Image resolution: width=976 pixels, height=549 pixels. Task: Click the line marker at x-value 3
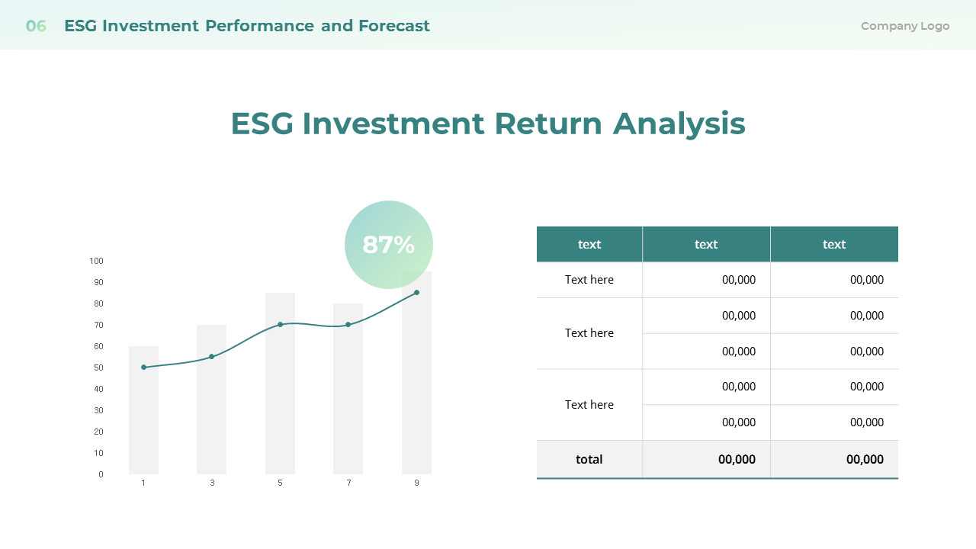point(211,357)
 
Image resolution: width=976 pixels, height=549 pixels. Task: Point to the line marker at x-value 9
point(416,293)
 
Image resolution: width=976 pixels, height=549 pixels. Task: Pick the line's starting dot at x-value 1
point(143,368)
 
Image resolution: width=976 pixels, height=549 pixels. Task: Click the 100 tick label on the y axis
point(96,261)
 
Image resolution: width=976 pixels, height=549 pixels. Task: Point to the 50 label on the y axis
point(98,368)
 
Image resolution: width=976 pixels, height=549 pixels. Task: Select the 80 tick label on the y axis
point(98,303)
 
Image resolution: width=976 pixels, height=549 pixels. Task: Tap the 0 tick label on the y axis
point(101,474)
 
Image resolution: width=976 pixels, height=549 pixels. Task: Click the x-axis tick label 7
point(348,483)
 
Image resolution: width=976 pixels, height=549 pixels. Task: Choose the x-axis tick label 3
point(212,483)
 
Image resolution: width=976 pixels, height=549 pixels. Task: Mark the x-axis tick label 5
point(280,483)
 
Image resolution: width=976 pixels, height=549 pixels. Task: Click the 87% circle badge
point(389,245)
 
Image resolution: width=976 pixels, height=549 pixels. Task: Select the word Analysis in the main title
point(679,124)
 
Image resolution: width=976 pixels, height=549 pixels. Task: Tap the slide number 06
point(36,26)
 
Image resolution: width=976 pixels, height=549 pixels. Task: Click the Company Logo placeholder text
point(905,26)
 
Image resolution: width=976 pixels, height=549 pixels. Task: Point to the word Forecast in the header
point(394,26)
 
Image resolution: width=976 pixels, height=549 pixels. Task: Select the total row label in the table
point(589,459)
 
